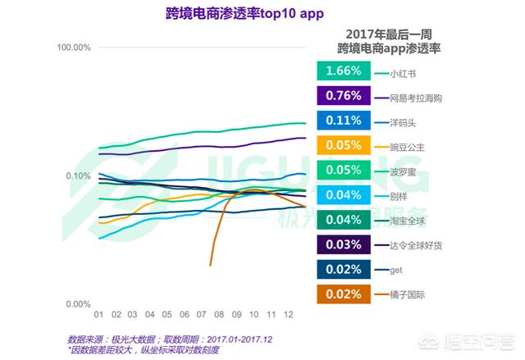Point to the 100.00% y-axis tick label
(x=73, y=48)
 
